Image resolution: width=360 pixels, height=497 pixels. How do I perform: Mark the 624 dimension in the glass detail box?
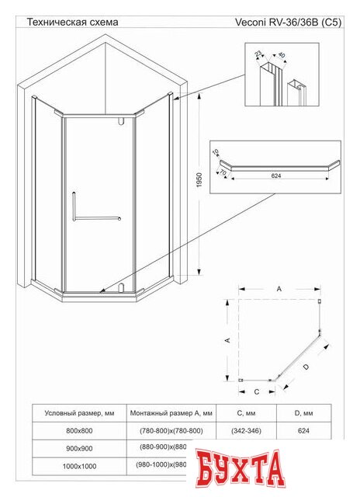tap(275, 176)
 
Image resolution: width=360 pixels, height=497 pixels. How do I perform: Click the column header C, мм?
tap(246, 412)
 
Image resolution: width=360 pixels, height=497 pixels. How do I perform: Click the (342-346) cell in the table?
tap(246, 430)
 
